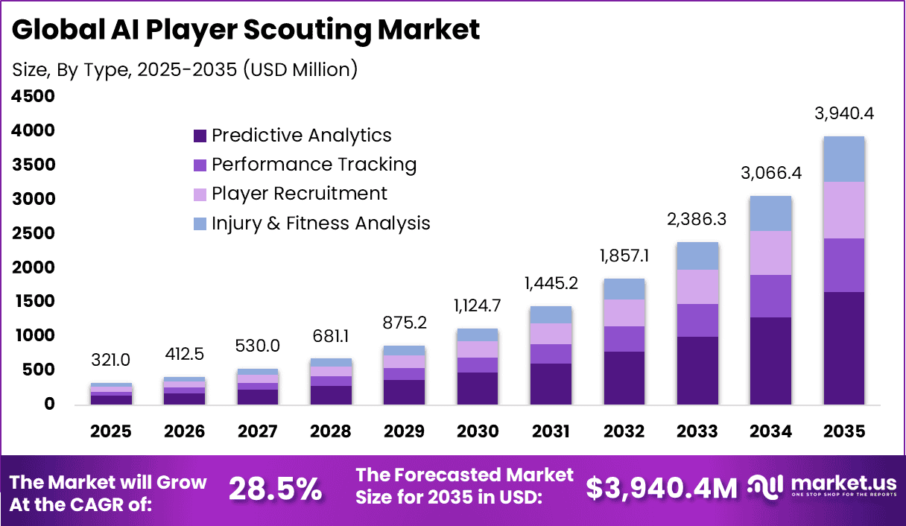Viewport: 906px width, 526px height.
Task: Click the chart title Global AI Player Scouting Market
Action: coord(246,30)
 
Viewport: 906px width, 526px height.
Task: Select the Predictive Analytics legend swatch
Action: coord(200,136)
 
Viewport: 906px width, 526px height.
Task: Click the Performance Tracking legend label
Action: coord(314,165)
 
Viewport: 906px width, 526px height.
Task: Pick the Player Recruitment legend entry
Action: coord(299,194)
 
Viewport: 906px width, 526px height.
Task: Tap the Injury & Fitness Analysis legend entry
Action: coord(320,223)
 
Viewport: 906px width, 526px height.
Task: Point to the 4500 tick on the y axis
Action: coord(34,96)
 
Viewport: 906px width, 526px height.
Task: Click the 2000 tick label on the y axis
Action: coord(34,267)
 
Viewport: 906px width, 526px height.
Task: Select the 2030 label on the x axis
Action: coord(476,431)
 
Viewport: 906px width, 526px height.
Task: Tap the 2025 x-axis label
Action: coord(111,431)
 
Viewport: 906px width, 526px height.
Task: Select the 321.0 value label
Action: coord(111,361)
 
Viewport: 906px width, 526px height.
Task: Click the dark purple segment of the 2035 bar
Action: coord(843,348)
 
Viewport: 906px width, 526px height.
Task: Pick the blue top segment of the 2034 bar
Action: coord(770,213)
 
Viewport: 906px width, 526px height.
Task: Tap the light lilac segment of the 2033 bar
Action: coord(697,287)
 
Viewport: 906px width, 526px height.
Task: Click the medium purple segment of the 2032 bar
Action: coord(624,339)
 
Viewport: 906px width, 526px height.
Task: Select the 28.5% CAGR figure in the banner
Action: coord(275,489)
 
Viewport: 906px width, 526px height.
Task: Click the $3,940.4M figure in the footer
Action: coord(661,489)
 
